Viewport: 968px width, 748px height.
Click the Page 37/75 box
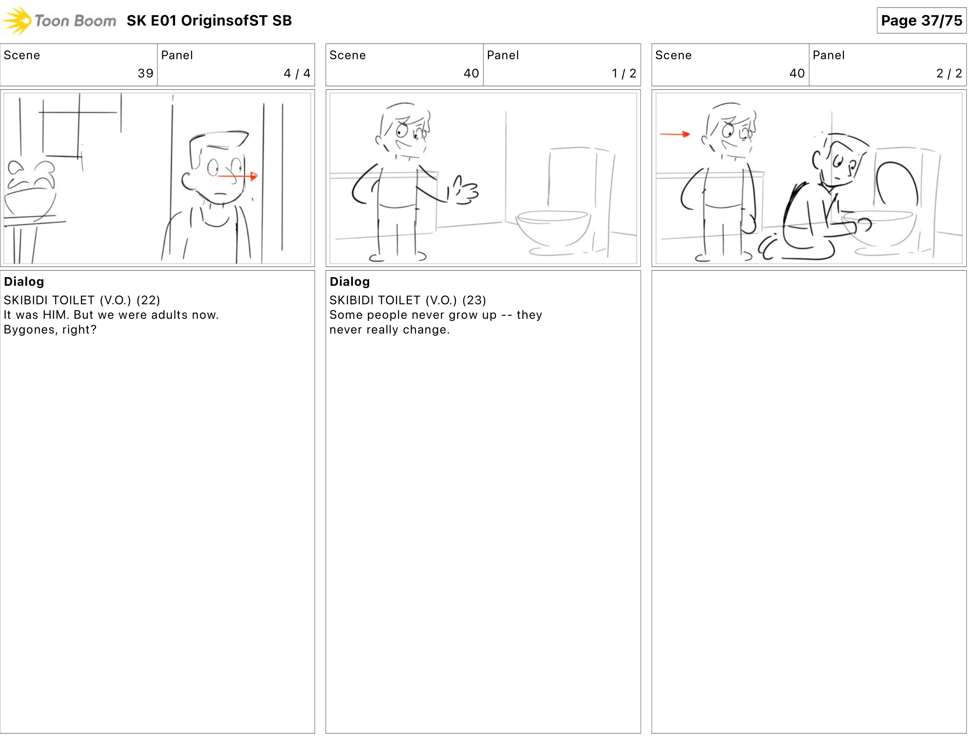(921, 20)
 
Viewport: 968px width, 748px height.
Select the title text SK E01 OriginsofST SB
(209, 20)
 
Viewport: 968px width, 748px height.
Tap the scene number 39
(145, 73)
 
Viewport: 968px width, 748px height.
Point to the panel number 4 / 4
(297, 73)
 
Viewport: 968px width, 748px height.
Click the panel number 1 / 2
(623, 73)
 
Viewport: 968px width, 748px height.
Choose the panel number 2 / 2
(949, 73)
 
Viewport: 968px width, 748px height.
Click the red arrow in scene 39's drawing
(238, 176)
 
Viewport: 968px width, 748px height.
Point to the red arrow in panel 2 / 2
(675, 134)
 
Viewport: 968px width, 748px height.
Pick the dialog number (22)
(148, 301)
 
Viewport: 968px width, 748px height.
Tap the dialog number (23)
(474, 301)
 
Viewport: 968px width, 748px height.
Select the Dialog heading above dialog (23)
(349, 282)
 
